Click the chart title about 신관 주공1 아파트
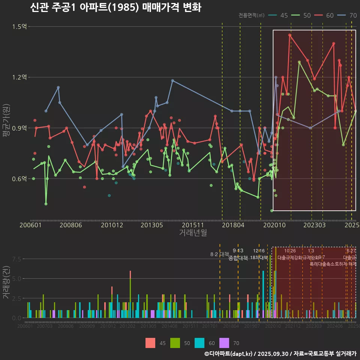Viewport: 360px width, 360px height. click(x=115, y=7)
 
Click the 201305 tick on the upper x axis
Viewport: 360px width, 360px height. click(x=151, y=225)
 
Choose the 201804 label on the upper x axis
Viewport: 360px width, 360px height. click(x=233, y=225)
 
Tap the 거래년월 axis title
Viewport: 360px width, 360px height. click(x=193, y=233)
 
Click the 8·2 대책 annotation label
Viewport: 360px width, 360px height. click(x=219, y=254)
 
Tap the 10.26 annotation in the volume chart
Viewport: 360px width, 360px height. click(x=290, y=251)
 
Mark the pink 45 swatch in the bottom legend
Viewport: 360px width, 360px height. click(x=150, y=343)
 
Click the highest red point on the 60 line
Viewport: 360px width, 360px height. click(x=290, y=35)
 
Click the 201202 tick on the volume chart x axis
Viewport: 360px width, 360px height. click(x=127, y=326)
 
